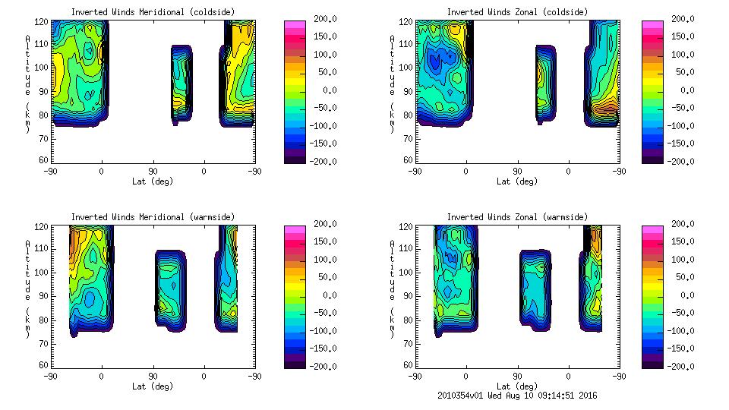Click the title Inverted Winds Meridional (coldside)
(153, 12)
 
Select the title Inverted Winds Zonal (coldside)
(517, 12)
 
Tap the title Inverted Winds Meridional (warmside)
(153, 217)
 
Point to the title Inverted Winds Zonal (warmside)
(517, 217)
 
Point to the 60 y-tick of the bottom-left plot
(44, 365)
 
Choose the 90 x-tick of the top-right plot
(518, 172)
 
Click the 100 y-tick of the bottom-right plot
(407, 272)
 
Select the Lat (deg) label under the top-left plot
(153, 181)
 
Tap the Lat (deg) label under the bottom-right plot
(517, 386)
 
